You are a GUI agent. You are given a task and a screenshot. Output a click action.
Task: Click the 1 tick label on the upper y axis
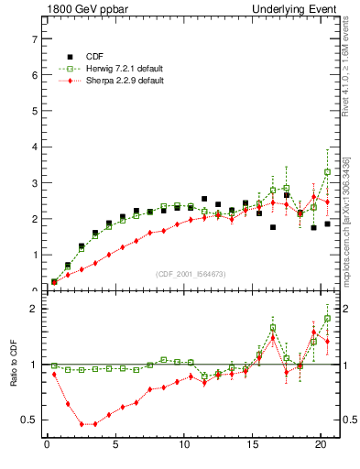[x=32, y=255]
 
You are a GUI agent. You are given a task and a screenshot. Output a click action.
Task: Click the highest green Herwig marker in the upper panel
[x=328, y=172]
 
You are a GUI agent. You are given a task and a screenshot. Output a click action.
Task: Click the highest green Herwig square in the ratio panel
[x=328, y=319]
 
